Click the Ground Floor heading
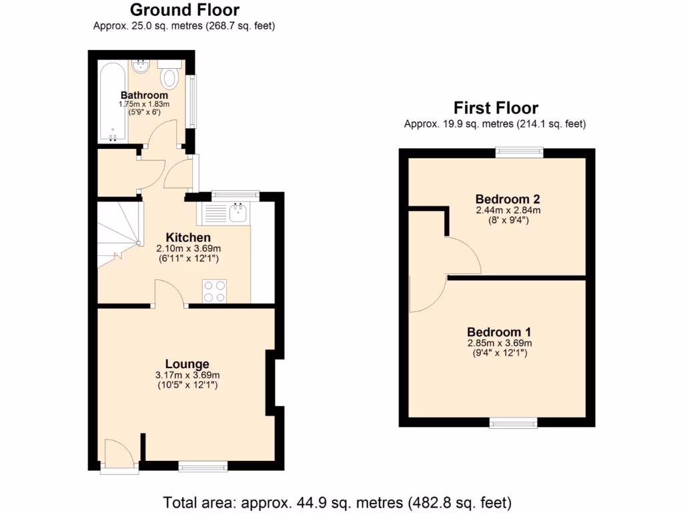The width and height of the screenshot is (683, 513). point(184,10)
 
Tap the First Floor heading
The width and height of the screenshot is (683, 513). point(496,108)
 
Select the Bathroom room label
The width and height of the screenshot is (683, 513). point(144,96)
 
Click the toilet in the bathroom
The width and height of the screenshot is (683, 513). point(170,77)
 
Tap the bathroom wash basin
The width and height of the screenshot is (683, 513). point(141,67)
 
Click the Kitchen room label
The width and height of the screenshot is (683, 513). point(188,238)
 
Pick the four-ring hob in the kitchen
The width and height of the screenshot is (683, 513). point(214,291)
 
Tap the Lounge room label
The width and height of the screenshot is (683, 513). point(187,364)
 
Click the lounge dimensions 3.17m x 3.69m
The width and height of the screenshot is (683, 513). point(187,375)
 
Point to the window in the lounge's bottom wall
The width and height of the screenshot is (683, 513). point(199,466)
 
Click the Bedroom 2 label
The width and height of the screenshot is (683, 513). point(508,199)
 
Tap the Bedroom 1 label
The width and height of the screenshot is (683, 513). point(499,332)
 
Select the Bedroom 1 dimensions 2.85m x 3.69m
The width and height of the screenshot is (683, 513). point(499,343)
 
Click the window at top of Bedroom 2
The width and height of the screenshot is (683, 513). point(518,153)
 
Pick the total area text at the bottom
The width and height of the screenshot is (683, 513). point(337,501)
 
